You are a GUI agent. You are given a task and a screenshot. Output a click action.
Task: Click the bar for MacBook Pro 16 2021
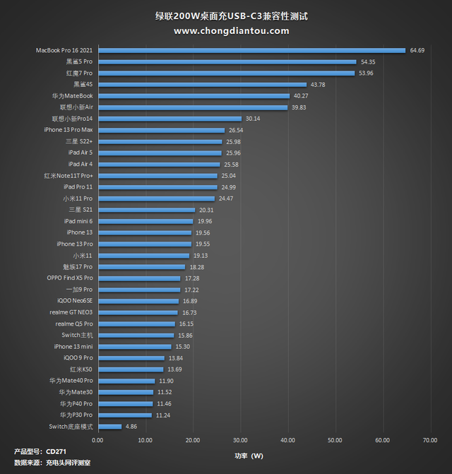coord(251,50)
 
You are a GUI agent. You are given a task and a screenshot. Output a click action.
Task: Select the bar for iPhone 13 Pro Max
coord(161,130)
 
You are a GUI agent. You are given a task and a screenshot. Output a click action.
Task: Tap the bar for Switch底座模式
coord(109,426)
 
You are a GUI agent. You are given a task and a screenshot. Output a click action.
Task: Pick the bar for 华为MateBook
coord(194,95)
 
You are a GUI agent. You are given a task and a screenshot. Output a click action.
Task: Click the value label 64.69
coord(417,50)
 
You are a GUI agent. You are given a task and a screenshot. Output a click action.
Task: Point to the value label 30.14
coord(253,119)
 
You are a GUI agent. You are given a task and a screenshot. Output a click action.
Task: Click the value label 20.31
coord(206,210)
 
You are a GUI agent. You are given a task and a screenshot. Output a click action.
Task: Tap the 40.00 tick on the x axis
coord(288,439)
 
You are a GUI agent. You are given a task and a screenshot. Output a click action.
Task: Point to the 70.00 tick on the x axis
coord(431,439)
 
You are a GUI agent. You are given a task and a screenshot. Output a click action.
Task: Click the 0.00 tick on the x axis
coord(98,439)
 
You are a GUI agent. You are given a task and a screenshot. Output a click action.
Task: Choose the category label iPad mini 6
coord(78,221)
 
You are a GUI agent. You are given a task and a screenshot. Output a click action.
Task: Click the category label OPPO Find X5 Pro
coord(69,278)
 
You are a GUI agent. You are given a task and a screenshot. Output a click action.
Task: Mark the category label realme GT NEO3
coord(71,312)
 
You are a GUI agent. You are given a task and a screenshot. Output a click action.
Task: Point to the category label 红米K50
coord(81,369)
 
